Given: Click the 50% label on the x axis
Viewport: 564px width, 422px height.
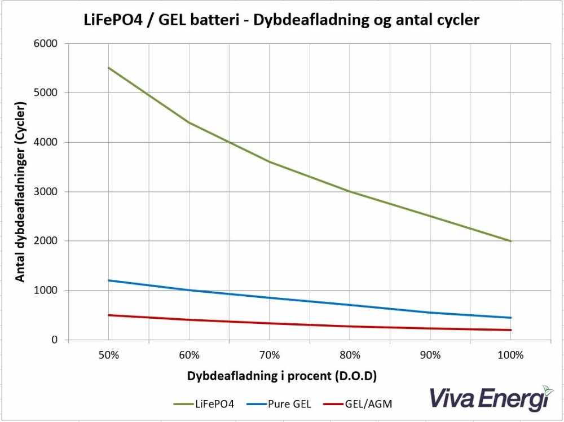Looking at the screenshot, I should coord(108,355).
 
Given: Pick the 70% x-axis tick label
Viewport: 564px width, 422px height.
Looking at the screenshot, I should coord(270,355).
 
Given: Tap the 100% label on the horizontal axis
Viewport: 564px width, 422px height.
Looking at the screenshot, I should coord(511,355).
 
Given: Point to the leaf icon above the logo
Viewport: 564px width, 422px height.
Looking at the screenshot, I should coord(548,389).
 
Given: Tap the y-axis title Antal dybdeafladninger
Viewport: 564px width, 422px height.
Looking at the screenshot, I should coord(20,192).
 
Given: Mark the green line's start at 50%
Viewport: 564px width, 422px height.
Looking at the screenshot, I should coord(108,68).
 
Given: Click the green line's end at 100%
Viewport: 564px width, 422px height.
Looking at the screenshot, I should coord(511,241).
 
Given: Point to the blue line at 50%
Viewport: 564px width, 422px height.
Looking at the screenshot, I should coord(108,280).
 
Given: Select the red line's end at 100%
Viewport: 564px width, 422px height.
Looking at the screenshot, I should coord(511,330).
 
